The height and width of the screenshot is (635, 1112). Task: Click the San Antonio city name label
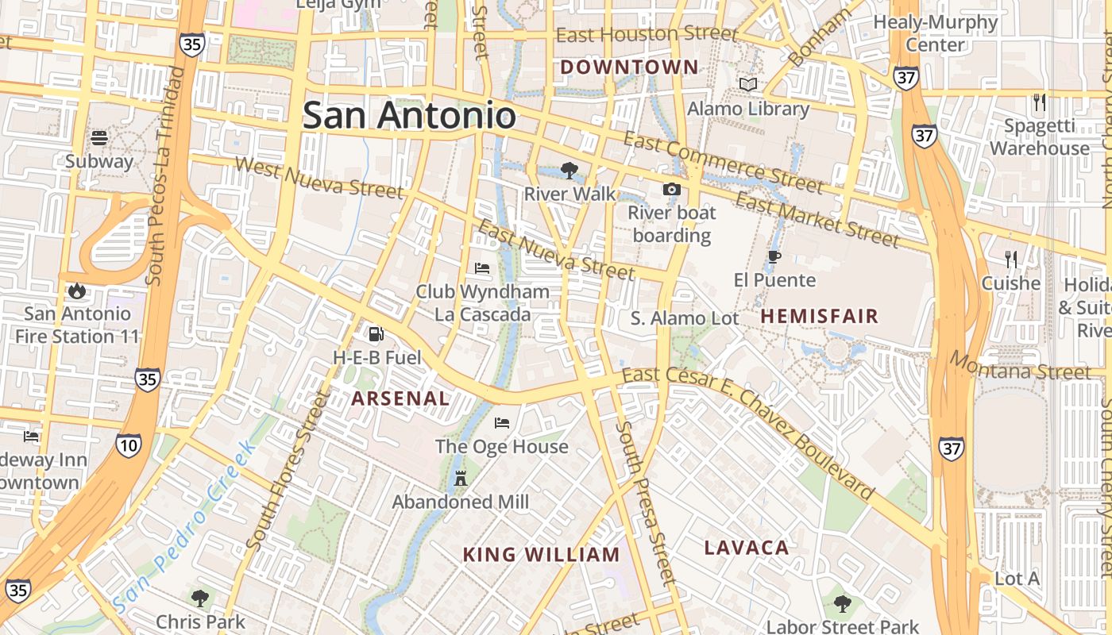(409, 116)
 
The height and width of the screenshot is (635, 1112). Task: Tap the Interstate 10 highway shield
(128, 444)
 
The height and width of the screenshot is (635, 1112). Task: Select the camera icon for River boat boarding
(671, 189)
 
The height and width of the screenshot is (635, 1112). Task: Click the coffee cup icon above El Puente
(774, 256)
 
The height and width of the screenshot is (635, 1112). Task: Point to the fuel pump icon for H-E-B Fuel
(376, 334)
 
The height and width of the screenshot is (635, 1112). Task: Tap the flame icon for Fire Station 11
(77, 291)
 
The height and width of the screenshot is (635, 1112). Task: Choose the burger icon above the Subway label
(99, 138)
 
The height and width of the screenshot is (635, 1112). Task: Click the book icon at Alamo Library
(747, 84)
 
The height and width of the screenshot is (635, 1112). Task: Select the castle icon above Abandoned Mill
(460, 478)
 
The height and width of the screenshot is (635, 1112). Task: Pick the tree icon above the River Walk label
(569, 170)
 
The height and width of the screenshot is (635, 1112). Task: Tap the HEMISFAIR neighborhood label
(820, 316)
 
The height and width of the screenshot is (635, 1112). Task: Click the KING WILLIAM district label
(541, 555)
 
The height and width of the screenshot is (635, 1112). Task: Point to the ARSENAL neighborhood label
(400, 398)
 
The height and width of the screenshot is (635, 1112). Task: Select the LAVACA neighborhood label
(747, 548)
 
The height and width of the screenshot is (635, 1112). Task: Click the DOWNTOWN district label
(629, 67)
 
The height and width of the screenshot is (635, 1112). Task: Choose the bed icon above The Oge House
(502, 422)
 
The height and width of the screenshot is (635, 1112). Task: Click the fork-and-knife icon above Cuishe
(1010, 260)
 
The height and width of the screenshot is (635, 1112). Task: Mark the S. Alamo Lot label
(685, 318)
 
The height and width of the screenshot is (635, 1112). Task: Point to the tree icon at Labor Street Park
(842, 604)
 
